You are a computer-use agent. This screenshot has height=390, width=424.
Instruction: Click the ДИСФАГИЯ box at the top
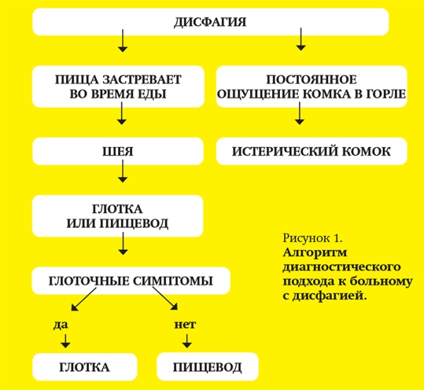[x=211, y=22]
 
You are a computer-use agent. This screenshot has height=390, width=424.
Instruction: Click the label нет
[x=184, y=325]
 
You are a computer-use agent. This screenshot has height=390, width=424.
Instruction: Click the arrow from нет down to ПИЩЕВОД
[x=185, y=343]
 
